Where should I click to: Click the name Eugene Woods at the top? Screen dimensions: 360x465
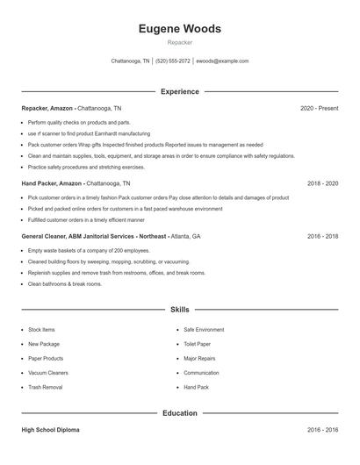pyautogui.click(x=179, y=29)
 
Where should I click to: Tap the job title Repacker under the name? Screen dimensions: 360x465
pyautogui.click(x=179, y=42)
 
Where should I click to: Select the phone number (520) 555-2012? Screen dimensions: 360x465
pyautogui.click(x=173, y=61)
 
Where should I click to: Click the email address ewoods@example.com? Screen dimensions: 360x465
pyautogui.click(x=222, y=61)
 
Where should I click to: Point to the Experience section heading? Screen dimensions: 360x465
pyautogui.click(x=179, y=91)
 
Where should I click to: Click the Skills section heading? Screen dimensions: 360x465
pyautogui.click(x=179, y=310)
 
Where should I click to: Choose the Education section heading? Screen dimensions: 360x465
pyautogui.click(x=179, y=412)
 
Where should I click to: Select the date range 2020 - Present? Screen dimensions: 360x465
pyautogui.click(x=319, y=108)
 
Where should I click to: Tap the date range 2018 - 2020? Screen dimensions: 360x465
pyautogui.click(x=322, y=184)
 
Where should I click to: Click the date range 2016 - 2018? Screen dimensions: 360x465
pyautogui.click(x=322, y=237)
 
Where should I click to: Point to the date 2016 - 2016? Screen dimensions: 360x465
pyautogui.click(x=322, y=431)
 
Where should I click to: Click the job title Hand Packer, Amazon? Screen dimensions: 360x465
pyautogui.click(x=52, y=184)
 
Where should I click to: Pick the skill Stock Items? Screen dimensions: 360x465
pyautogui.click(x=41, y=330)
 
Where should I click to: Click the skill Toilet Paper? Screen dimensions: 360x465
pyautogui.click(x=197, y=344)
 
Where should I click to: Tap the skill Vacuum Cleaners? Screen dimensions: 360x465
pyautogui.click(x=47, y=373)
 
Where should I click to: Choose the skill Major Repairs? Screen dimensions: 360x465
pyautogui.click(x=198, y=358)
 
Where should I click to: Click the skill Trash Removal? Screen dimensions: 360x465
pyautogui.click(x=45, y=387)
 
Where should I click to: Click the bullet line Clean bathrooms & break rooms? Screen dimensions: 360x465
pyautogui.click(x=65, y=284)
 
